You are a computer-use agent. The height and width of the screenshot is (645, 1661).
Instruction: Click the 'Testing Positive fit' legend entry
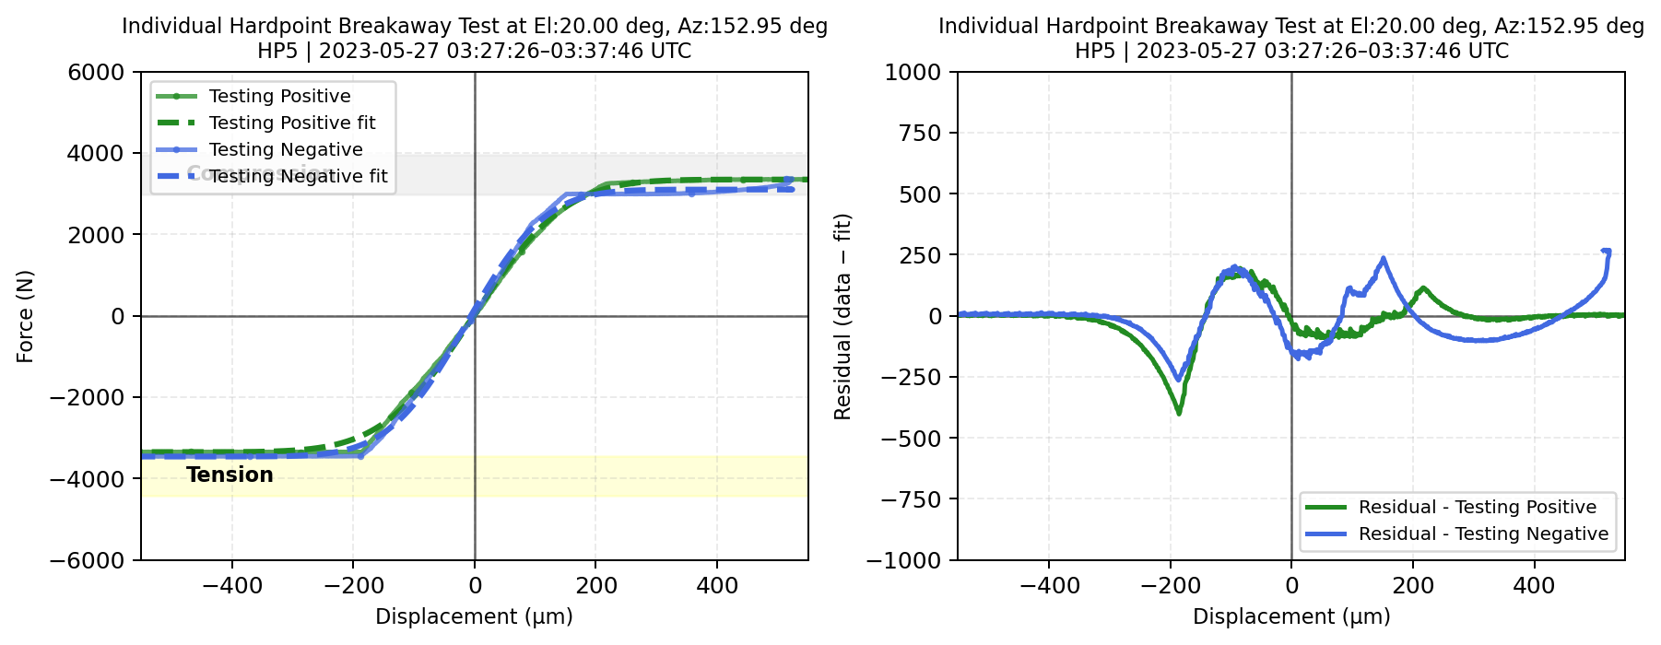(292, 123)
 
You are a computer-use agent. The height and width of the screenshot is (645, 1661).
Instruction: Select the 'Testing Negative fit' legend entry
(298, 176)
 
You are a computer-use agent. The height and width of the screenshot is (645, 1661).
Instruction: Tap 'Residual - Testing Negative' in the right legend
(1483, 534)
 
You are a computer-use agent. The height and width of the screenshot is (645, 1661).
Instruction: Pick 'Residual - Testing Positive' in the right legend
(1477, 507)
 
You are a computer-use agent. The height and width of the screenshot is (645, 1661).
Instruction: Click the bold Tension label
(230, 475)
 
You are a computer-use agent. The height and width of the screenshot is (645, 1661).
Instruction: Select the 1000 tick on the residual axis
(913, 72)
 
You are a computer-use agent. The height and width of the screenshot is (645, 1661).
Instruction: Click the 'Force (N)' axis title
(25, 316)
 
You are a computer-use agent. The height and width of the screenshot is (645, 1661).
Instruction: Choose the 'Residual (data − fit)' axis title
(842, 316)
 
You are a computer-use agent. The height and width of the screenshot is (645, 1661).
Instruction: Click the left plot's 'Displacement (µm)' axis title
(474, 616)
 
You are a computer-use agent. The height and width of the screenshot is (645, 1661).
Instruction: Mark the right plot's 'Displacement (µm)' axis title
(1291, 616)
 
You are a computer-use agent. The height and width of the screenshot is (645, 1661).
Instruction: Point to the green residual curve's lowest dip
(1179, 413)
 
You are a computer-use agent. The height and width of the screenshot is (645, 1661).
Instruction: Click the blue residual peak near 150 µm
(1383, 259)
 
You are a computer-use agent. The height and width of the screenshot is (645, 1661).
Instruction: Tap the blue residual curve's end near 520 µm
(1607, 252)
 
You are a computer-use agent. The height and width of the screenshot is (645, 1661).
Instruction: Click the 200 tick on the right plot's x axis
(1413, 585)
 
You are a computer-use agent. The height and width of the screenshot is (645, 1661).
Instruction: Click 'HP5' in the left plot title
(277, 51)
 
